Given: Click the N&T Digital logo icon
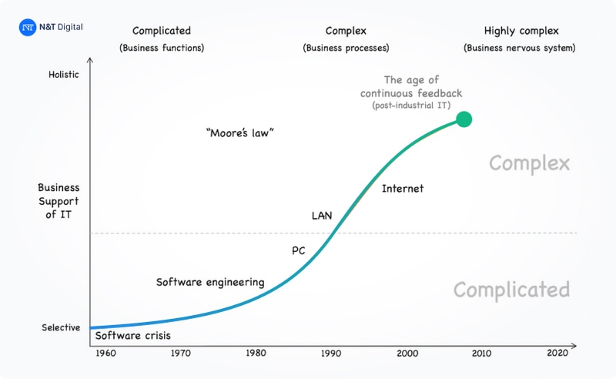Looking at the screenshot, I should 28,27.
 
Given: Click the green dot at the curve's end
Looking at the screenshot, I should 463,119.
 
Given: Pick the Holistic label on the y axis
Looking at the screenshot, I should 63,75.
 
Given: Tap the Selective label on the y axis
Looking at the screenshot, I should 61,327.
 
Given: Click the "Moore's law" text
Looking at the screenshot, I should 240,132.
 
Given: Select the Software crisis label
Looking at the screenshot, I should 132,336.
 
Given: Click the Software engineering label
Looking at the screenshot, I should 210,282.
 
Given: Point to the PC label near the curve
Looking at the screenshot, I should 299,250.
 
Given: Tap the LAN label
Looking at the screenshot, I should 321,216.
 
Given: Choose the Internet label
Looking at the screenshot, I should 403,189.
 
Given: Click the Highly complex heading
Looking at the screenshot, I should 521,31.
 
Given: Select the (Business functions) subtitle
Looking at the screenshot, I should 161,48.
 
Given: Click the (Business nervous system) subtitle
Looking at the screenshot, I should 520,48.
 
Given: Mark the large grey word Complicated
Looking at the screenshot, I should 511,290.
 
